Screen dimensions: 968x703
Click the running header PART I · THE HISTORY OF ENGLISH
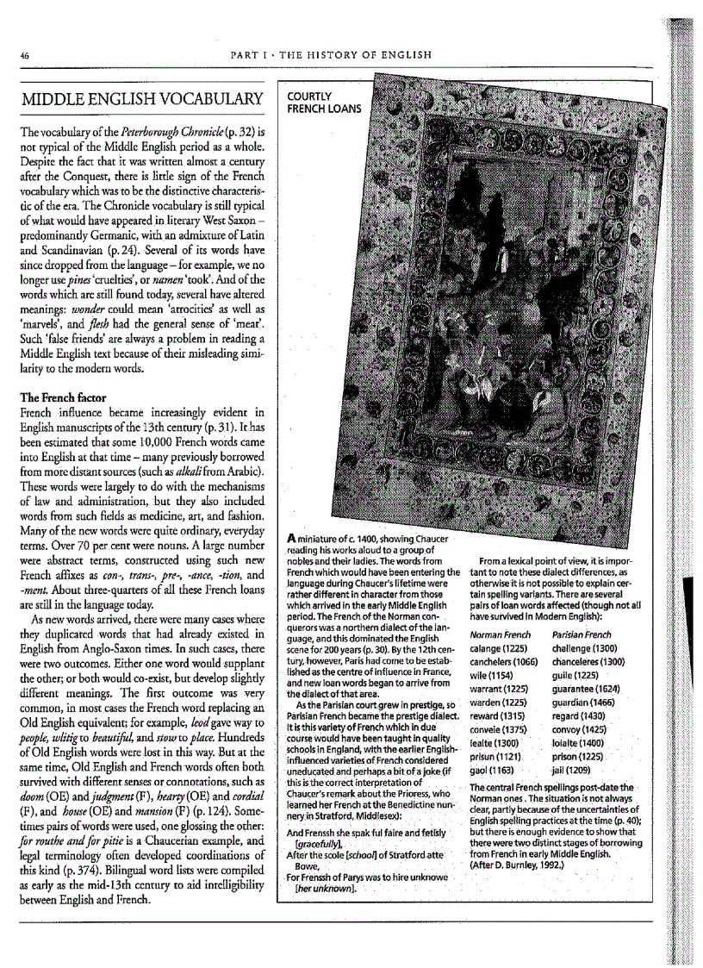[x=332, y=55]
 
